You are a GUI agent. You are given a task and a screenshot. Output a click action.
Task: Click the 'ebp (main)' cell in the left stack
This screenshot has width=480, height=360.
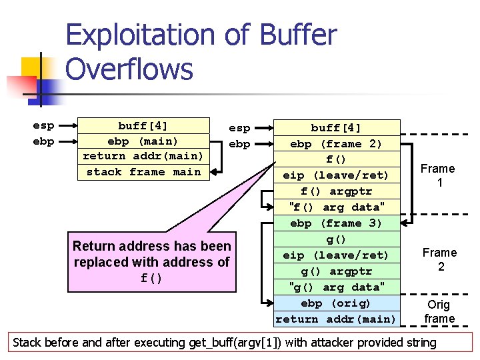coord(143,141)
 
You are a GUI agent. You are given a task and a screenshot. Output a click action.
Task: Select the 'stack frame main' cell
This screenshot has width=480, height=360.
coord(143,172)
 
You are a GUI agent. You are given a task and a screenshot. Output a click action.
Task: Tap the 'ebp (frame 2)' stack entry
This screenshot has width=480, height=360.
coord(337,144)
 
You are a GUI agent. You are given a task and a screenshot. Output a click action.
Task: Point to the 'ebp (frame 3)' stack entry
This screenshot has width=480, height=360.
coord(337,223)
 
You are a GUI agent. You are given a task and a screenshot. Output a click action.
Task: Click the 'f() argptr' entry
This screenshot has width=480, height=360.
coord(337,191)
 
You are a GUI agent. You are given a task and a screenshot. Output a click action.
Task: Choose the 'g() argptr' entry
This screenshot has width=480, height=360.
coord(337,271)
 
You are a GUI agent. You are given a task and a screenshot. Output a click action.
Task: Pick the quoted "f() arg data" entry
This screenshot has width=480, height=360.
coord(337,207)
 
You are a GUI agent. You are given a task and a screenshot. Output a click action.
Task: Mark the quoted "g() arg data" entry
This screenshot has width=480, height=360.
coord(337,287)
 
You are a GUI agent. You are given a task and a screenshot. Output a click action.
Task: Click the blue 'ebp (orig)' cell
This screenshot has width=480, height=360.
coord(337,303)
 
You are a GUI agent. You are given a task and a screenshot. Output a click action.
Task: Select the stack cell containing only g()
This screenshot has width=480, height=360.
coord(337,239)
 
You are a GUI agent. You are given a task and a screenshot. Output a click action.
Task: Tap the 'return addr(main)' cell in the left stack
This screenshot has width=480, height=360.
coord(143,157)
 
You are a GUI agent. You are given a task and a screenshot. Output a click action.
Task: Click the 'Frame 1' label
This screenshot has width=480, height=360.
coord(437,175)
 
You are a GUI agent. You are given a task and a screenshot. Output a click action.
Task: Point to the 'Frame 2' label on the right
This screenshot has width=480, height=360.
coord(439,259)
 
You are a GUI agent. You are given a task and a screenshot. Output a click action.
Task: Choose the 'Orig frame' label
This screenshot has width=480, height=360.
coord(439,311)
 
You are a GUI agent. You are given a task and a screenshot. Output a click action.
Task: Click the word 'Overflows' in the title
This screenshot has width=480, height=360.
coord(129,69)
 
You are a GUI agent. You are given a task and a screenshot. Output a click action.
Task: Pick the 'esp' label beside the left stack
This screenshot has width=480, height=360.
coord(43,125)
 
